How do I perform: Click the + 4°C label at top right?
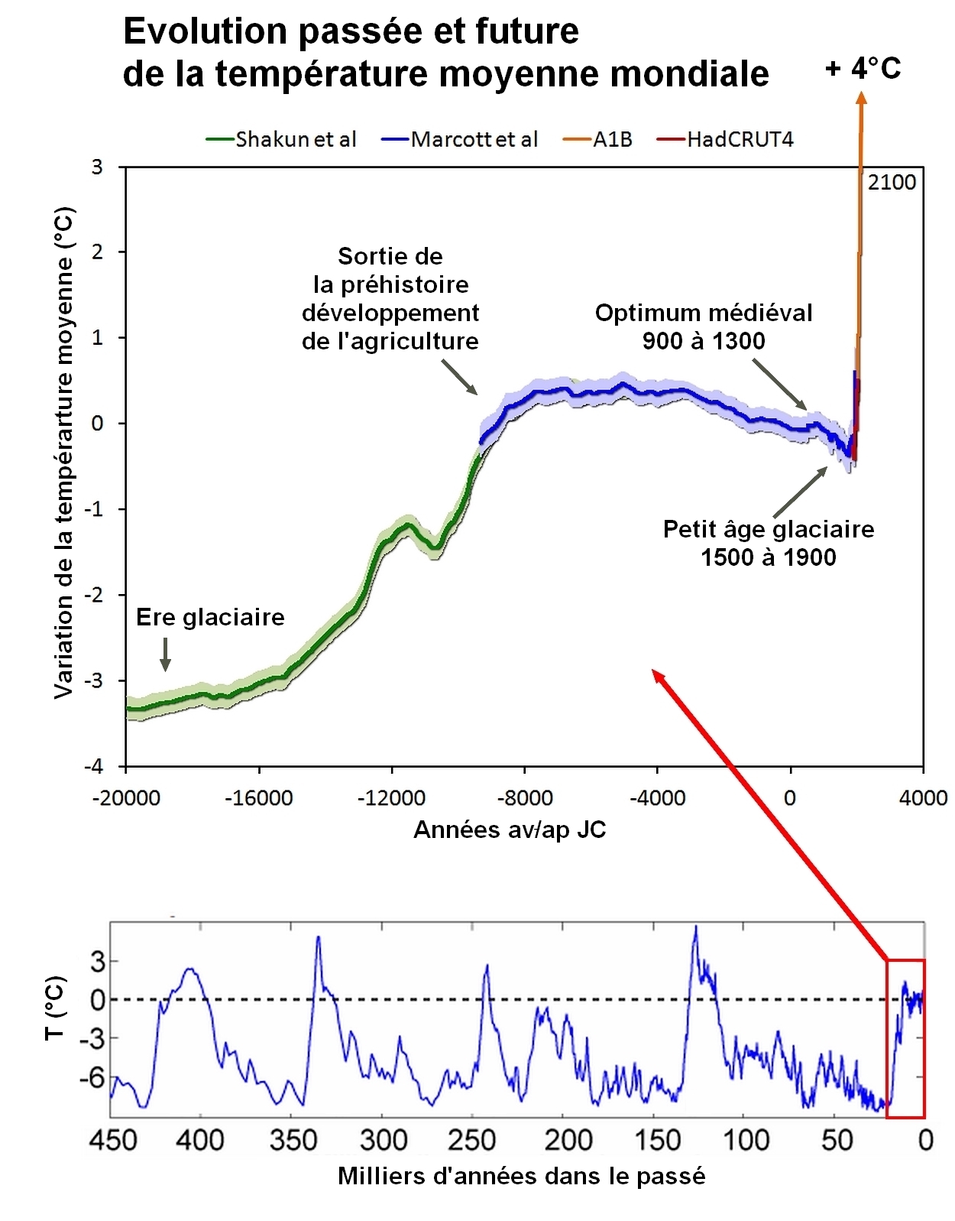click(863, 69)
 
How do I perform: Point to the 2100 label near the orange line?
click(891, 182)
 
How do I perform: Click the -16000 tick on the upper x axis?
click(258, 798)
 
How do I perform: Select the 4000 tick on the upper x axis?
click(922, 798)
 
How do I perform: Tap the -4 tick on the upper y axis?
click(94, 766)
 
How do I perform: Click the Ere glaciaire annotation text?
click(210, 617)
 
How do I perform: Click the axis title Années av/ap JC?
click(510, 830)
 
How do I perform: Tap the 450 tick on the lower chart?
click(113, 1140)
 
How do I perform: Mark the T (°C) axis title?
click(55, 1007)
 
